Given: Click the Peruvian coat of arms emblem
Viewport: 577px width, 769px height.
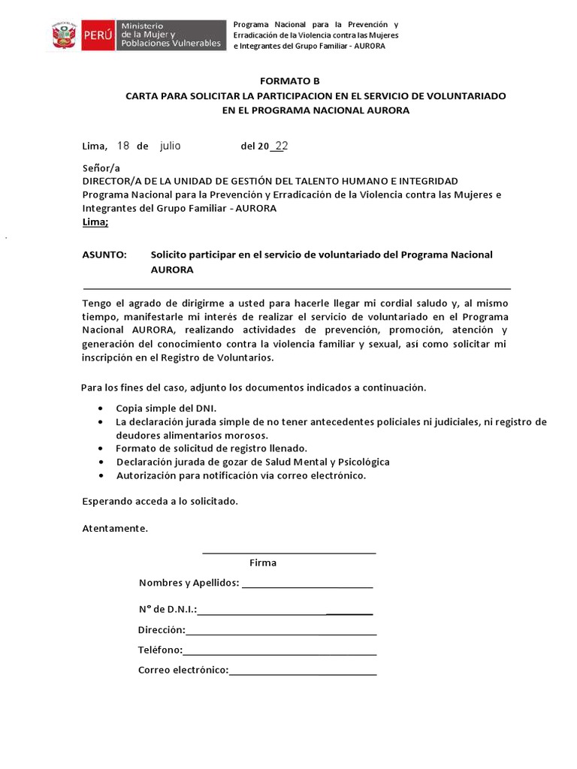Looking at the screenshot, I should pyautogui.click(x=65, y=35).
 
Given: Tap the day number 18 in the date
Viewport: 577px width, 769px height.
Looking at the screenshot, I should pyautogui.click(x=123, y=146).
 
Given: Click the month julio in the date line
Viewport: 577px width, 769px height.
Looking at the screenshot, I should pyautogui.click(x=171, y=146).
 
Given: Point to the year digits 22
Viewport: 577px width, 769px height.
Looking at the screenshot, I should pyautogui.click(x=281, y=146).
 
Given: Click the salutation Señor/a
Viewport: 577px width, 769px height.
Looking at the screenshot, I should pyautogui.click(x=101, y=168).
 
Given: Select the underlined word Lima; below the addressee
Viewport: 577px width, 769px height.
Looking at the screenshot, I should pyautogui.click(x=95, y=222).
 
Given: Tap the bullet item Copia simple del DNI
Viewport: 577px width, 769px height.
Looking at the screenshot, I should pyautogui.click(x=166, y=409).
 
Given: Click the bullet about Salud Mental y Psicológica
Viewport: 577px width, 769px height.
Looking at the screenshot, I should pyautogui.click(x=252, y=462).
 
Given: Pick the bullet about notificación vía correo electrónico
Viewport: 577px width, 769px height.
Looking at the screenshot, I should pyautogui.click(x=240, y=475).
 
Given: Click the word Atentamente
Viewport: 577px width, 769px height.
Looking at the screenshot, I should pyautogui.click(x=115, y=528).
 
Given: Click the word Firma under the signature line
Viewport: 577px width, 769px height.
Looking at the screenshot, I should pyautogui.click(x=263, y=562).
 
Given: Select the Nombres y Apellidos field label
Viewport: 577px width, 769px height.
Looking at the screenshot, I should pyautogui.click(x=189, y=583).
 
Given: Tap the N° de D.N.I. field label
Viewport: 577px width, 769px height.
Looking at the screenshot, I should pyautogui.click(x=168, y=610).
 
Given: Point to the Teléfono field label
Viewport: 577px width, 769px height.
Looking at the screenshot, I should pyautogui.click(x=160, y=650).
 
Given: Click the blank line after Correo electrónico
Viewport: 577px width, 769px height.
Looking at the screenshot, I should pyautogui.click(x=302, y=671).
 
